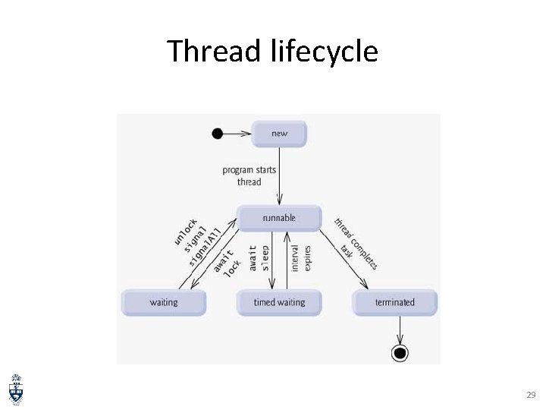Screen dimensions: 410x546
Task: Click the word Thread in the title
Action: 215,52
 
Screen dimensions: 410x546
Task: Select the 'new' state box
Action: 279,134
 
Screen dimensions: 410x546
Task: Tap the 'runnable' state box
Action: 279,218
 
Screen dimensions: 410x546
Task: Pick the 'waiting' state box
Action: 164,302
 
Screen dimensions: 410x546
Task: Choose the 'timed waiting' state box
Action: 279,302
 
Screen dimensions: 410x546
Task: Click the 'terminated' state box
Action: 395,302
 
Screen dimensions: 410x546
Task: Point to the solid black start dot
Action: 218,134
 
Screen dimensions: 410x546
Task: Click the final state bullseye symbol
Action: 400,352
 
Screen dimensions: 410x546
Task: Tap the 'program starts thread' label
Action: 249,175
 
